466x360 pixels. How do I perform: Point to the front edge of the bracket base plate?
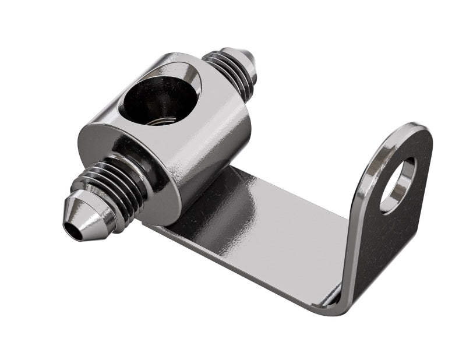(x=245, y=268)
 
